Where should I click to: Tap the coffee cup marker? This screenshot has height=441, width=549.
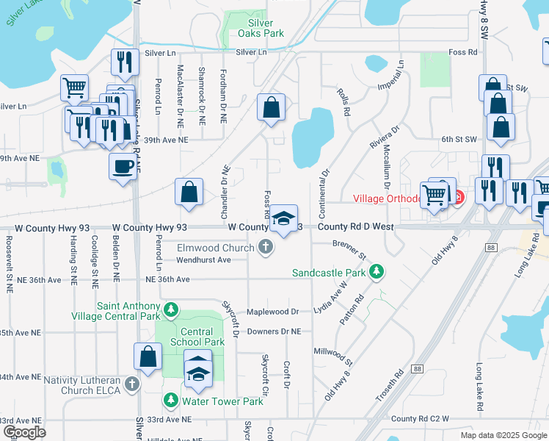point(123,165)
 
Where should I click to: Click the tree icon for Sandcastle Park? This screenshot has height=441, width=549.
point(377,272)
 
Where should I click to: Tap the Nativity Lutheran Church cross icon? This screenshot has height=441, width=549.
point(131,384)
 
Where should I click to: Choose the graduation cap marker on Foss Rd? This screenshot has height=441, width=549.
point(284,218)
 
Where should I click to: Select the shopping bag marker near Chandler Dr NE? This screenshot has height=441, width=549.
point(189,193)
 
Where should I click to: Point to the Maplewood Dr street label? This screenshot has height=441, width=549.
point(272,312)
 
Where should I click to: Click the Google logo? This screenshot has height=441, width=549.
point(26,431)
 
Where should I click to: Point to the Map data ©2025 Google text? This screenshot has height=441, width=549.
point(503,435)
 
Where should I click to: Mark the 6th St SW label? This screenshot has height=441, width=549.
point(459,138)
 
